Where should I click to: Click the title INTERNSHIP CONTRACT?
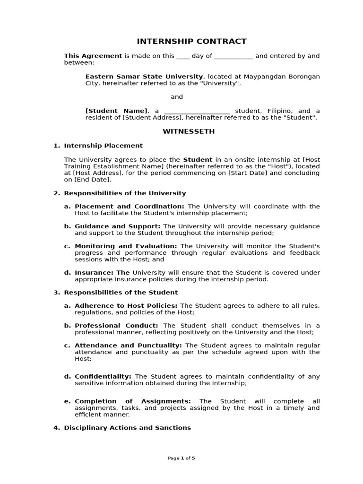191,41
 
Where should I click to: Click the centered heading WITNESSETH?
189,131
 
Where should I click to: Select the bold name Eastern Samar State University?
144,76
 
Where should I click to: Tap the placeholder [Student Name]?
116,111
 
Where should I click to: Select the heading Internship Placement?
103,146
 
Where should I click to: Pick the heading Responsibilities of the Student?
121,292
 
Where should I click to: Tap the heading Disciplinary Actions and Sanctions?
127,427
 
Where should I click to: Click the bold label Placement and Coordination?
130,206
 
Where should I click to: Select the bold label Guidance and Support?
117,226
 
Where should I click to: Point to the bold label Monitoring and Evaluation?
126,246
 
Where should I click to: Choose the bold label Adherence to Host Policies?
126,305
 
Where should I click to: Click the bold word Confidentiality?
103,376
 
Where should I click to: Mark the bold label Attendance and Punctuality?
128,345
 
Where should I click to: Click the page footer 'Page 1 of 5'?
181,458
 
